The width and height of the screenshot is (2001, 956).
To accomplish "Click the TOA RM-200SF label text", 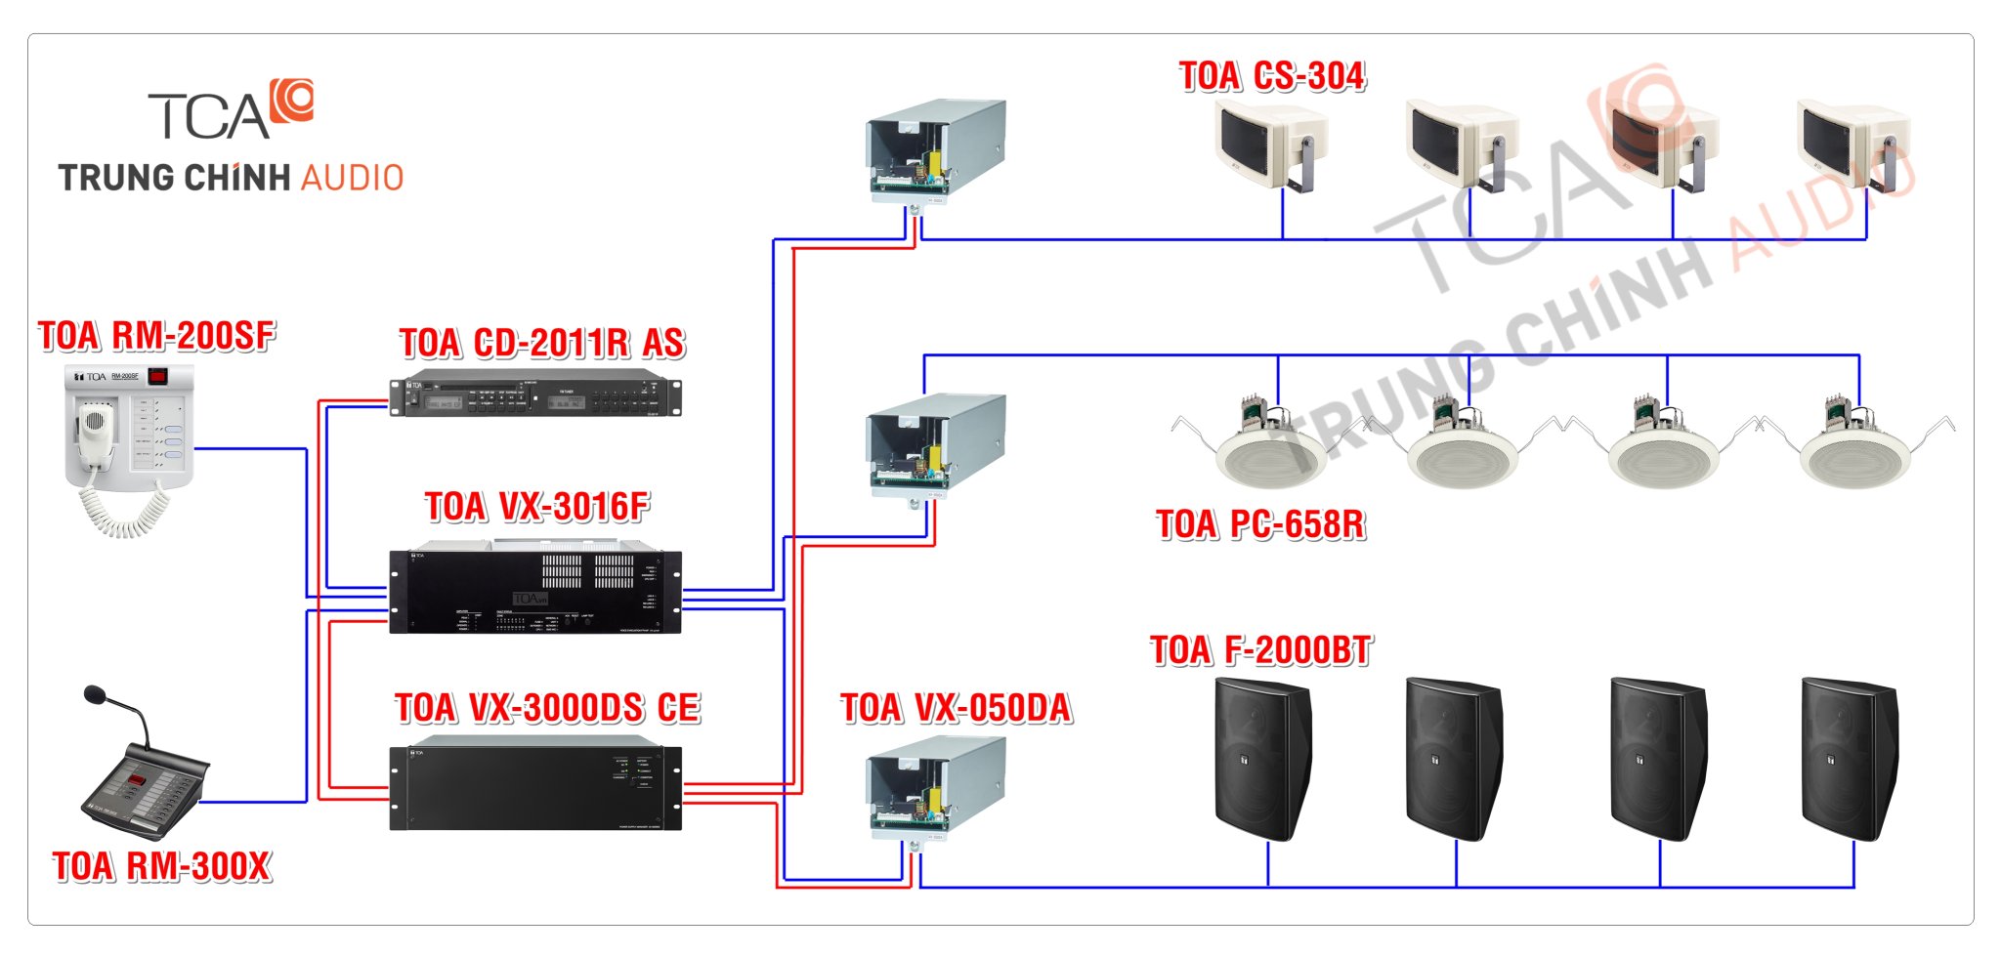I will (x=156, y=336).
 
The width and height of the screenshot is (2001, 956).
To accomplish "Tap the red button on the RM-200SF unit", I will (x=157, y=375).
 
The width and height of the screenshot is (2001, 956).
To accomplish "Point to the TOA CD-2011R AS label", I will (x=542, y=343).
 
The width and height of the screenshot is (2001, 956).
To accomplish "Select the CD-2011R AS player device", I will (x=535, y=395).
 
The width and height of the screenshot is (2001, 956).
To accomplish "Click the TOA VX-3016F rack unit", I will (x=535, y=591).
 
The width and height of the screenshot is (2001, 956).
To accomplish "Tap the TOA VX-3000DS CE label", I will (x=547, y=708).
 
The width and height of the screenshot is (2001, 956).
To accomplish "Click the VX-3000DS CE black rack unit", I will (x=535, y=789).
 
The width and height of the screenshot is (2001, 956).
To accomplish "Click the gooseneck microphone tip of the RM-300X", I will (x=95, y=694).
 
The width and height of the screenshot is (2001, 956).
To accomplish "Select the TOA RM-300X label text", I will (x=161, y=866).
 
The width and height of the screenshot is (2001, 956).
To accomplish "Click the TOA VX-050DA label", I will (x=956, y=708).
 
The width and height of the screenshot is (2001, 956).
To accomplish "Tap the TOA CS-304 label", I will (x=1271, y=76).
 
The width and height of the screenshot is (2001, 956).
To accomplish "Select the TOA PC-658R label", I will (x=1260, y=524).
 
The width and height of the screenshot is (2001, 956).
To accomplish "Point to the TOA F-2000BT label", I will (x=1260, y=650).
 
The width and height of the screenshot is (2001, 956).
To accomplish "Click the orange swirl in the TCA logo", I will (x=292, y=99).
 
